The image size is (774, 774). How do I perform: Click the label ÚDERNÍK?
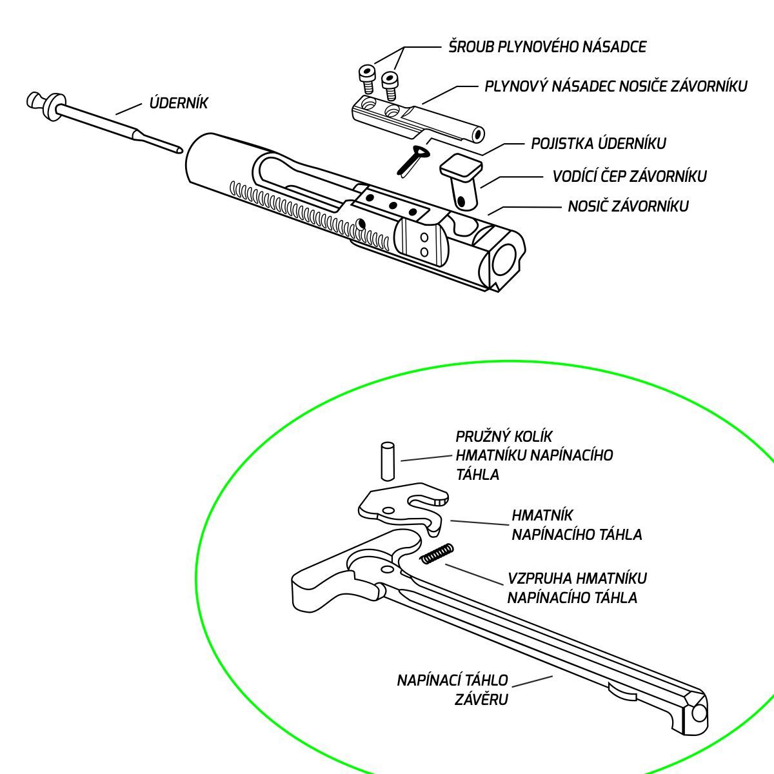(x=179, y=103)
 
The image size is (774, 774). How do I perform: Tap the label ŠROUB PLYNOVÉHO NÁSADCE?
(x=547, y=47)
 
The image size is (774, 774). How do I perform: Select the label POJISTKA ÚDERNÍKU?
(x=598, y=143)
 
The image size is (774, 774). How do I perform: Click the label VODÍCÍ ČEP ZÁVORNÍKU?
(x=629, y=176)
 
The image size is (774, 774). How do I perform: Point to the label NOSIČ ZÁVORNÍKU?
(x=628, y=206)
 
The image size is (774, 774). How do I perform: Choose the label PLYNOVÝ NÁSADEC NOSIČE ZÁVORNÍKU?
(x=615, y=86)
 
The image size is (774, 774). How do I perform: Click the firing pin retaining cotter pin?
(x=409, y=160)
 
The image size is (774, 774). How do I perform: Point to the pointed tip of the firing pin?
(x=179, y=151)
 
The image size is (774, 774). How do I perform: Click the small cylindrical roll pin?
(x=388, y=461)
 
